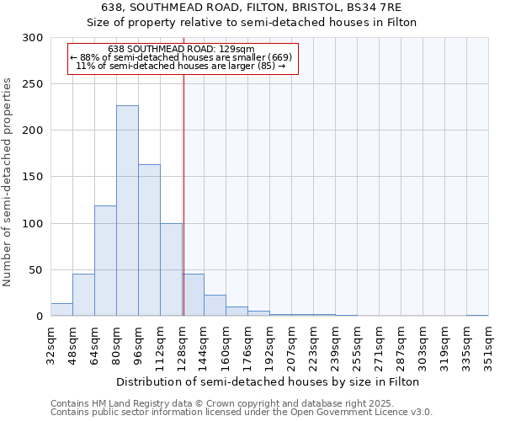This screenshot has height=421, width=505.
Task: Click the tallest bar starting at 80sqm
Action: coord(127,210)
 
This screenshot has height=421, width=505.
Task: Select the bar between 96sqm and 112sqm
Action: coord(149,240)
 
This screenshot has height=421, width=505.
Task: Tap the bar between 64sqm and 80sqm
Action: coord(105,261)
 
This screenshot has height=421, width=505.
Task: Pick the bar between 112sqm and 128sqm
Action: coord(171,269)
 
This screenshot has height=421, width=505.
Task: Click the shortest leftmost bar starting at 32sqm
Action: coord(61,310)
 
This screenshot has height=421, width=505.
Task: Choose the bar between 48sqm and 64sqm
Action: coord(83,296)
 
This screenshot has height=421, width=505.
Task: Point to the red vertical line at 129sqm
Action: coord(183,194)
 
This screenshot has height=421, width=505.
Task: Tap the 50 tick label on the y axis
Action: coord(35,270)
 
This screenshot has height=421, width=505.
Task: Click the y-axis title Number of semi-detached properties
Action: coord(8,182)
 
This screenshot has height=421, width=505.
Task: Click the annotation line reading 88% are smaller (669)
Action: coord(181,57)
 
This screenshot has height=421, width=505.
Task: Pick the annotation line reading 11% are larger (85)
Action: coord(181,66)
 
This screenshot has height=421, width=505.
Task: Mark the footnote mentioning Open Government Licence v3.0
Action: coord(242,413)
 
